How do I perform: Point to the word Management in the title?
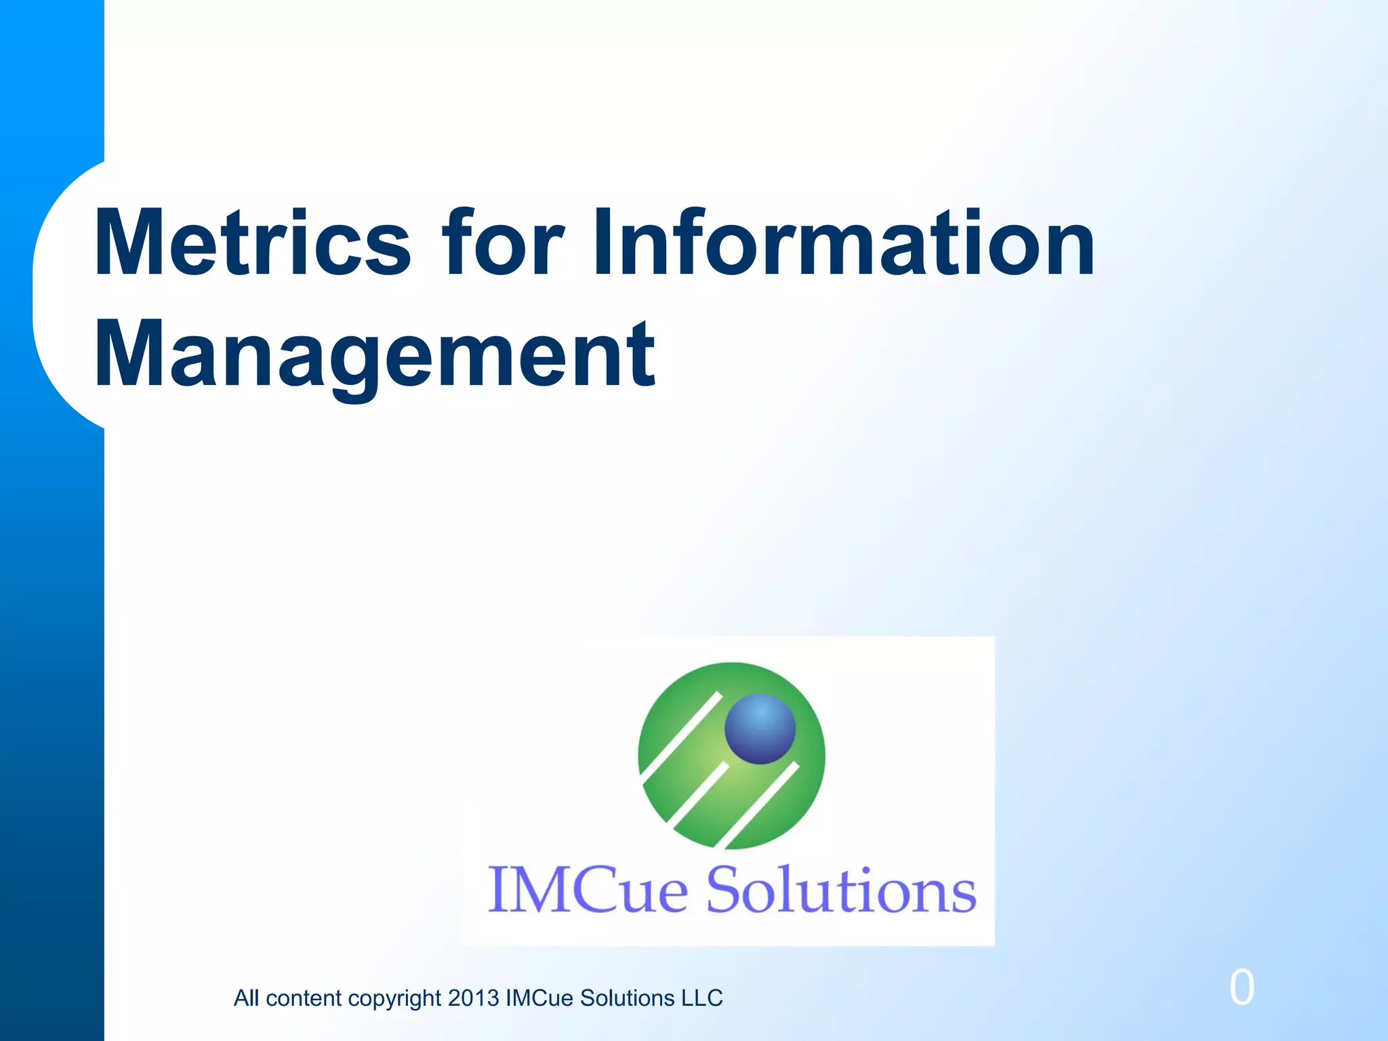click(375, 355)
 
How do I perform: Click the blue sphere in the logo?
click(760, 729)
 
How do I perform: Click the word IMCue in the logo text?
click(588, 889)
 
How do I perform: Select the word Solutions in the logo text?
click(841, 889)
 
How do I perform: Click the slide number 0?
click(1242, 987)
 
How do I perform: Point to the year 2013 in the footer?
click(473, 998)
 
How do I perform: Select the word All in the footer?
click(247, 998)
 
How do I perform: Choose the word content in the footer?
click(304, 998)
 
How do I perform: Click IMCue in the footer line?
click(539, 998)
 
